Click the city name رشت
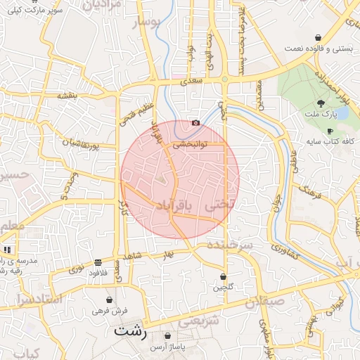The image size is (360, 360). tap(131, 331)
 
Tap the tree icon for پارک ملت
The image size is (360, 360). tap(321, 103)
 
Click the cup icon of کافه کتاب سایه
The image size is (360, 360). tap(329, 131)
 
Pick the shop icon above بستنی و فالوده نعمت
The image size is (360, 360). tap(319, 37)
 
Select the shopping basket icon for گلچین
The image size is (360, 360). tap(223, 277)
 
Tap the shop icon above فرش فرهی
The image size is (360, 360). tap(109, 299)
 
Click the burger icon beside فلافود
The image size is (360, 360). tap(97, 262)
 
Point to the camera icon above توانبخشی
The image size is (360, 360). tap(195, 123)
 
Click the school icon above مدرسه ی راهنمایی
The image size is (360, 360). tap(8, 250)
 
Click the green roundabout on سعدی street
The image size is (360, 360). tap(224, 79)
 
